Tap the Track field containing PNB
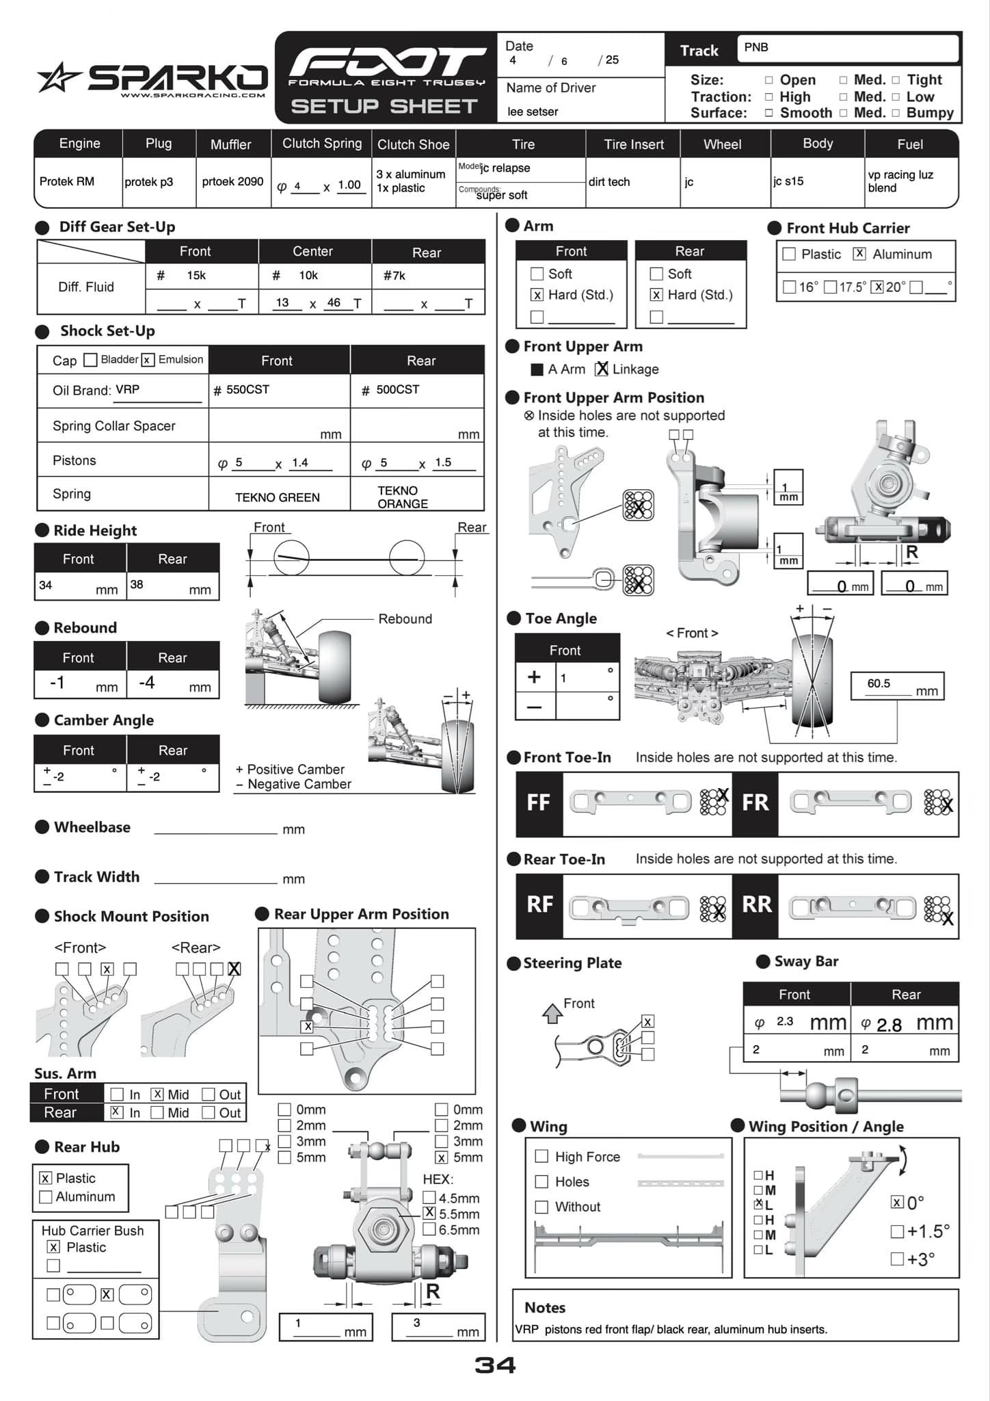[847, 48]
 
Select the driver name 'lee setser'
[533, 112]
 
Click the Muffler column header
[230, 144]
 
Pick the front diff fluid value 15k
[196, 275]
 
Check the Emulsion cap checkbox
[148, 360]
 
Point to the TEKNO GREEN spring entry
[277, 497]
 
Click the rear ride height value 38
[137, 584]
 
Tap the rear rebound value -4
[146, 683]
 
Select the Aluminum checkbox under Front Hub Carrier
[859, 254]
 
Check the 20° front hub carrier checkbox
[877, 287]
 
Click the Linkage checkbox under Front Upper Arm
[602, 369]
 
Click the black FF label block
[539, 803]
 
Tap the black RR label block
[756, 905]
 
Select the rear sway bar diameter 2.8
[889, 1025]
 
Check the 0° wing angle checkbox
[897, 1203]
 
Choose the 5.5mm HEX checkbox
[429, 1213]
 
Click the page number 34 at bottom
[495, 1365]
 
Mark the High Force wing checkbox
[541, 1156]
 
